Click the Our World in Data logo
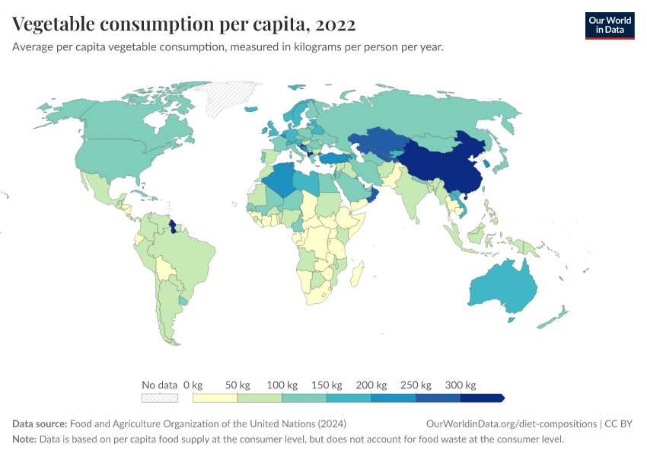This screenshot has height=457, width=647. (609, 25)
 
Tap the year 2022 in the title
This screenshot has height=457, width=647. (334, 24)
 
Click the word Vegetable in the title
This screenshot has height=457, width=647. (59, 24)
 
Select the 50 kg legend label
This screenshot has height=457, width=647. (239, 385)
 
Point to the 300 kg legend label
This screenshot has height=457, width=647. (461, 385)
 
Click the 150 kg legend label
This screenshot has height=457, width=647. (327, 385)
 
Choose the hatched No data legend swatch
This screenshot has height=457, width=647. (160, 398)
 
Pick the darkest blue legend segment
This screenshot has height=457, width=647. (481, 398)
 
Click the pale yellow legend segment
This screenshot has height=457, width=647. (215, 398)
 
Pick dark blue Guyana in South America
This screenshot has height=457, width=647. (173, 226)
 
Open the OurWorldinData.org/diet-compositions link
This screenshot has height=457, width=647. (512, 423)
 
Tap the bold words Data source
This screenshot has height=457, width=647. (40, 423)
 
